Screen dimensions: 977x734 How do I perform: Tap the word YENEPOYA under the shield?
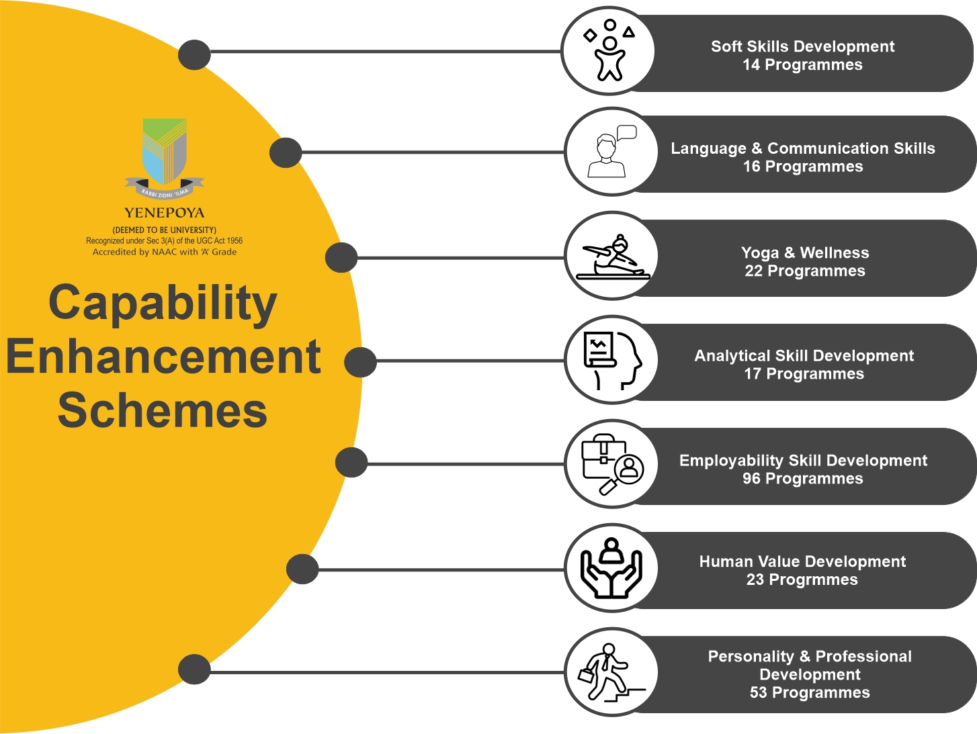tap(164, 213)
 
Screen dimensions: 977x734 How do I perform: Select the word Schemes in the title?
tap(163, 410)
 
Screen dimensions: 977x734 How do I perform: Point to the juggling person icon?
tap(609, 50)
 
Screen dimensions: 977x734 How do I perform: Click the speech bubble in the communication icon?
tap(627, 132)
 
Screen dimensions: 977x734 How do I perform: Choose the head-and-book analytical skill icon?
tap(613, 361)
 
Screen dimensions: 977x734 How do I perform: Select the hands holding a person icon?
tap(611, 568)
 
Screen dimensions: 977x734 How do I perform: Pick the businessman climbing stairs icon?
tap(611, 673)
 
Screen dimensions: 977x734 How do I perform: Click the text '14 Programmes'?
tap(802, 65)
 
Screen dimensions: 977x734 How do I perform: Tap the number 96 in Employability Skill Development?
tap(751, 478)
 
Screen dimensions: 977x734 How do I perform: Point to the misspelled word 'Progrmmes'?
tap(813, 580)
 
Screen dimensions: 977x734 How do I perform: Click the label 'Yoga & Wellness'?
tap(805, 253)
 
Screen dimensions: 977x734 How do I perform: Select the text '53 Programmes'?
tap(810, 692)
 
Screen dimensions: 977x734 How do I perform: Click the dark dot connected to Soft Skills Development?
tap(194, 54)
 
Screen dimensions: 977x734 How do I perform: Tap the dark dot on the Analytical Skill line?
tap(361, 362)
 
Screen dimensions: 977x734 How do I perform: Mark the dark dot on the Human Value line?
tap(302, 569)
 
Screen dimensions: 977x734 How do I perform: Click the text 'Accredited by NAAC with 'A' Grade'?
tap(164, 253)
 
